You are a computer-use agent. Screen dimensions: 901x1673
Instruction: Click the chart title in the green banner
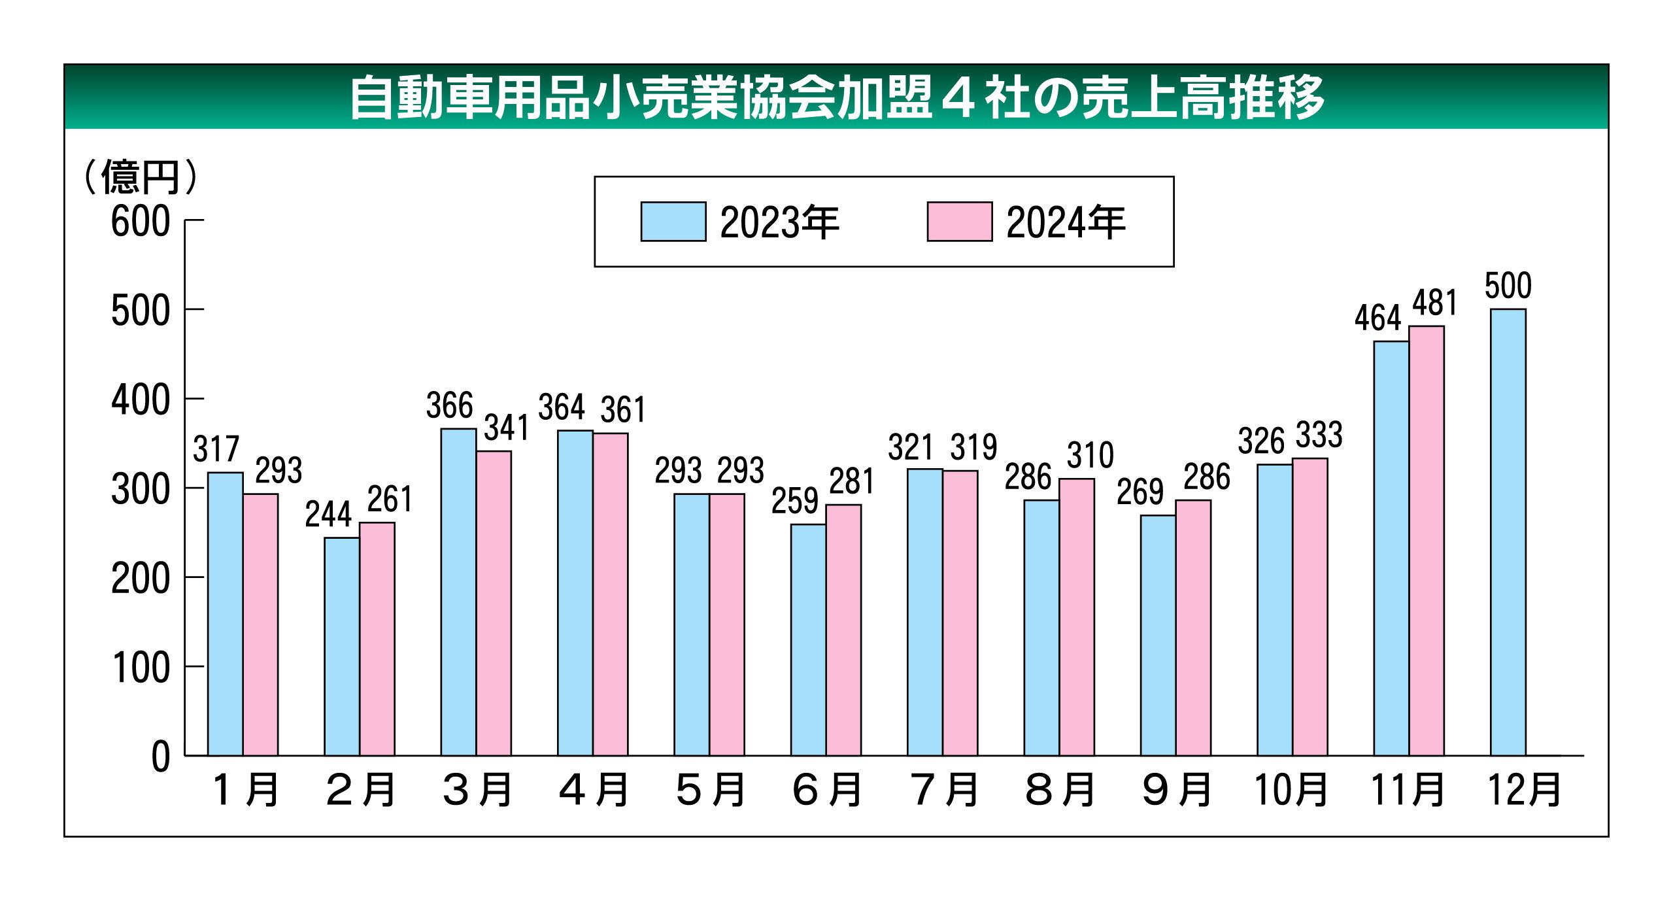(x=836, y=98)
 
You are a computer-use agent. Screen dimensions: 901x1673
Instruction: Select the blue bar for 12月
(x=1508, y=532)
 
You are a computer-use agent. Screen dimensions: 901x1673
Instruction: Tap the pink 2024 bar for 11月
(x=1427, y=541)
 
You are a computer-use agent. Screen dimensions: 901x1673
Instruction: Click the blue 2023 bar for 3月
(x=458, y=592)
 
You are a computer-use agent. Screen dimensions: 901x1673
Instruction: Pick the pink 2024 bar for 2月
(x=377, y=639)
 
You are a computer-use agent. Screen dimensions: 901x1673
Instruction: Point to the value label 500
(x=1508, y=286)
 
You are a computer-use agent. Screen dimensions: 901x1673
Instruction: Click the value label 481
(x=1434, y=303)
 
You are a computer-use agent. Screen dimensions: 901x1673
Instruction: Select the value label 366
(x=449, y=405)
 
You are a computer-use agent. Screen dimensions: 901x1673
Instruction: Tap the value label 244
(x=328, y=514)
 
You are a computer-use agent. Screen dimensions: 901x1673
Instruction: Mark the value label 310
(x=1090, y=455)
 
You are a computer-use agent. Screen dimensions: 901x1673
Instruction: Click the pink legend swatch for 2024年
(x=959, y=222)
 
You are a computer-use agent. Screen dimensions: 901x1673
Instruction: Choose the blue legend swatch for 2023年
(x=673, y=222)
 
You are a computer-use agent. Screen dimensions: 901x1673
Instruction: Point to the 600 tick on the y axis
(x=141, y=221)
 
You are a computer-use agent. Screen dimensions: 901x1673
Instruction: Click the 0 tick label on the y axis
(x=160, y=757)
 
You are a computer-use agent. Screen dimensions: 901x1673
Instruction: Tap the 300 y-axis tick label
(x=141, y=489)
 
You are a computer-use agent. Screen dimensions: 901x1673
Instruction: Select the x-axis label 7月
(x=943, y=790)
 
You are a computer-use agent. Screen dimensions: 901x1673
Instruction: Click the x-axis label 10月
(x=1291, y=790)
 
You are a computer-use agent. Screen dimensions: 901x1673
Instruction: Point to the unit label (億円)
(x=141, y=177)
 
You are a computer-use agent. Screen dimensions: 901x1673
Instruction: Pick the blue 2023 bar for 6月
(x=808, y=639)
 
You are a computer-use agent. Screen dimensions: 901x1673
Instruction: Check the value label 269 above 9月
(x=1140, y=492)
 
